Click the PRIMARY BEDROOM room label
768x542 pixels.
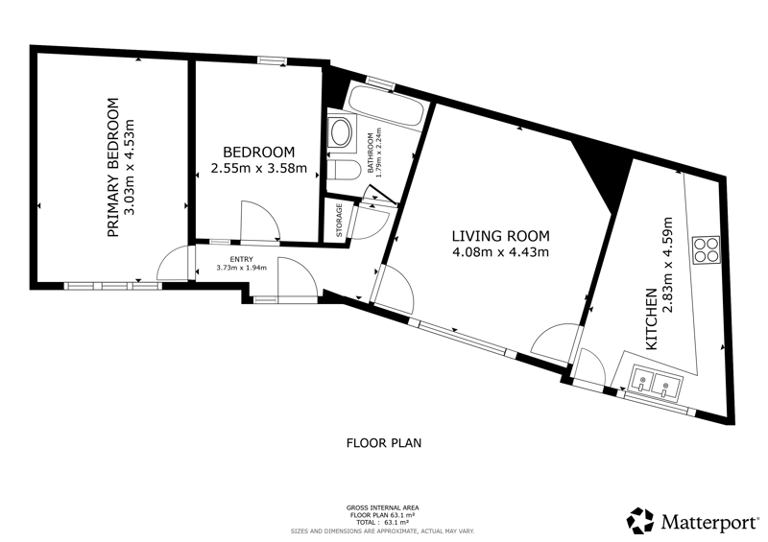click(x=113, y=168)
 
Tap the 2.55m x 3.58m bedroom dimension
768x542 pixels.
click(x=258, y=169)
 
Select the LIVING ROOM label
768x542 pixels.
click(x=500, y=237)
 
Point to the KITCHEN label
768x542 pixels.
click(x=652, y=319)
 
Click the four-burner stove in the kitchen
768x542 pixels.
click(x=707, y=250)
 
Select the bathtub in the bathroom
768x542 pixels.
click(x=385, y=106)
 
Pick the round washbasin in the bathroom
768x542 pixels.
click(x=341, y=131)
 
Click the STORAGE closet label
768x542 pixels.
click(x=339, y=221)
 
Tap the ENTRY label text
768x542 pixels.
click(x=242, y=259)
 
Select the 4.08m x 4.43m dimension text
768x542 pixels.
click(x=500, y=252)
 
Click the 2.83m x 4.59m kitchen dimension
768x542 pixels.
click(x=667, y=265)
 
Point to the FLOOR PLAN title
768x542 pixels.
click(x=384, y=443)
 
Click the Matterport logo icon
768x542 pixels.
click(x=640, y=521)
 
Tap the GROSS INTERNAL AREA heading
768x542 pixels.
click(x=382, y=508)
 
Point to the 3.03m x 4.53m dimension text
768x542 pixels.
click(x=130, y=168)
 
